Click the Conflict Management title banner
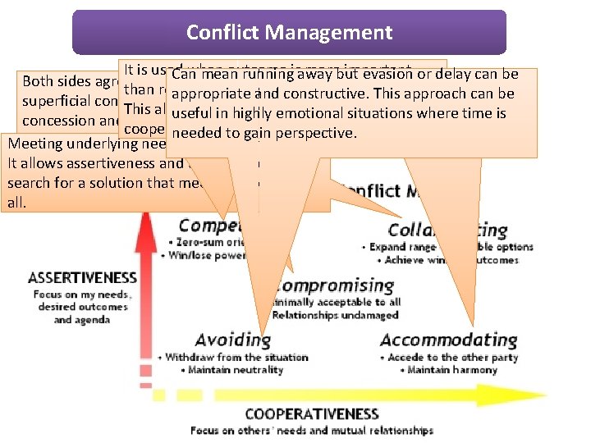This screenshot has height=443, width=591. (289, 33)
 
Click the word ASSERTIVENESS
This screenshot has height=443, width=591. (82, 277)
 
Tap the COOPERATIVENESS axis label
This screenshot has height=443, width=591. (311, 414)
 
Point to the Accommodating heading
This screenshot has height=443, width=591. (448, 340)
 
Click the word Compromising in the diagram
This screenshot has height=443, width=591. (332, 285)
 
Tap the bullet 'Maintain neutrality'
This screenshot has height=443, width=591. (227, 370)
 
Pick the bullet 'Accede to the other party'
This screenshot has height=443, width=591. (454, 357)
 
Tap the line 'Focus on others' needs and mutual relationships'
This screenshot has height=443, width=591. (311, 430)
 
